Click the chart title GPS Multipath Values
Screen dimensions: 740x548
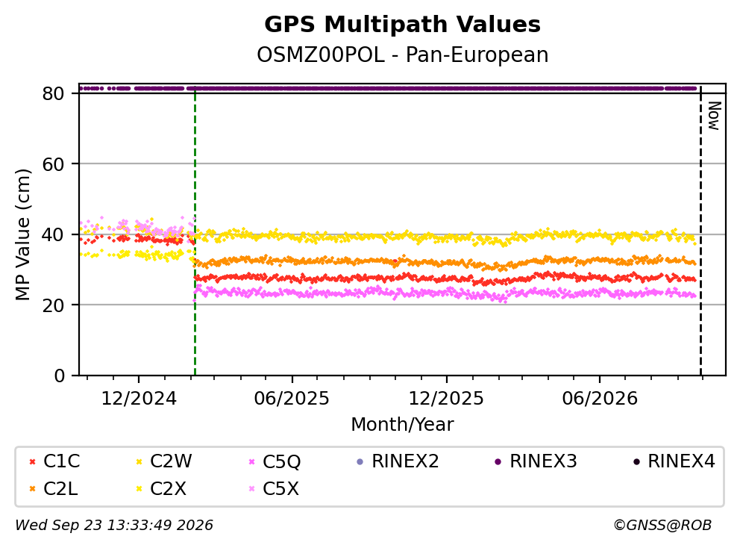[x=402, y=25]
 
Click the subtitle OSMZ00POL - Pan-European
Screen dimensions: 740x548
[x=402, y=55]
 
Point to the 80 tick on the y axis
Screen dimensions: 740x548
[x=53, y=93]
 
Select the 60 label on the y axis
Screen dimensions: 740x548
[x=53, y=164]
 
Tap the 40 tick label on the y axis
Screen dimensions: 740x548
[x=53, y=234]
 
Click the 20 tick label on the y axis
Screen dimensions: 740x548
[x=53, y=305]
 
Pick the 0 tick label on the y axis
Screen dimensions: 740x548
[x=60, y=376]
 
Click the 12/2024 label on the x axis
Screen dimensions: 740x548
[x=139, y=399]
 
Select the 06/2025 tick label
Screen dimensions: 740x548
[x=292, y=399]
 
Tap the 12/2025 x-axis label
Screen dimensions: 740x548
[x=446, y=399]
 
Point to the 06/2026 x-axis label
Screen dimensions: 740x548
[x=599, y=399]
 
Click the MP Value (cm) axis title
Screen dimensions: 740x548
[x=22, y=234]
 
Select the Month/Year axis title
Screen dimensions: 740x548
[x=402, y=424]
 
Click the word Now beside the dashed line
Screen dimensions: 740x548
[x=715, y=116]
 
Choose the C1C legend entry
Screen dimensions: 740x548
[x=54, y=461]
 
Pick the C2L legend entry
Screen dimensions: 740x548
[x=54, y=488]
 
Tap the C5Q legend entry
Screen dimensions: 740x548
[x=275, y=461]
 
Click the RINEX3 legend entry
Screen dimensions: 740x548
[x=536, y=461]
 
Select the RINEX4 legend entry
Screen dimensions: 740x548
[x=674, y=461]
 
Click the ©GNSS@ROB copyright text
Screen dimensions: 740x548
[x=662, y=525]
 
